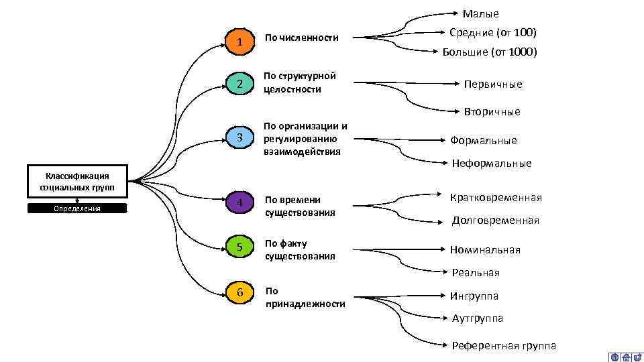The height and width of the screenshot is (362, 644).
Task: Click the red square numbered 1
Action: click(240, 43)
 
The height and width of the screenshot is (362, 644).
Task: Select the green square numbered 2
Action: click(240, 84)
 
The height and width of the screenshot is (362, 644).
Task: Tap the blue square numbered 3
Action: click(240, 138)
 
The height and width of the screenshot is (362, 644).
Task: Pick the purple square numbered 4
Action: click(240, 202)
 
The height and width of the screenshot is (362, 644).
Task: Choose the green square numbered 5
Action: click(240, 248)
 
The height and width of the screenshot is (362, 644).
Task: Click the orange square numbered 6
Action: click(240, 292)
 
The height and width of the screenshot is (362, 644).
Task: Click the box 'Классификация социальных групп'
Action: click(77, 180)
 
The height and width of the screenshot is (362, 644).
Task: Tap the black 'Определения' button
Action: click(77, 208)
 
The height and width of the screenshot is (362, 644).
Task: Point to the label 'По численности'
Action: click(301, 38)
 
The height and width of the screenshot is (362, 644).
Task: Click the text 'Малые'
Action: click(481, 13)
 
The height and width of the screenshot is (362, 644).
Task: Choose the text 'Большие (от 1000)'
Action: click(490, 52)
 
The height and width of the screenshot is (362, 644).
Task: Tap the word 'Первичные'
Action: click(493, 84)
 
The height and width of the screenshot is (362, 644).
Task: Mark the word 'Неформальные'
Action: click(492, 164)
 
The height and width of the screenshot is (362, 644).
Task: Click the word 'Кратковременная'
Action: click(496, 198)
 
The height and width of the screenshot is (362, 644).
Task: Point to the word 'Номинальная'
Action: click(485, 250)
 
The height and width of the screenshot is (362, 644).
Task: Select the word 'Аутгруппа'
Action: click(478, 318)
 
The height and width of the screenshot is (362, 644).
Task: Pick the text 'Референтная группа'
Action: click(504, 346)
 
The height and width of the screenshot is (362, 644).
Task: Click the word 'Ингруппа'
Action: click(474, 296)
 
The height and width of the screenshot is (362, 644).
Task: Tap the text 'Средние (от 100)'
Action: click(493, 32)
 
